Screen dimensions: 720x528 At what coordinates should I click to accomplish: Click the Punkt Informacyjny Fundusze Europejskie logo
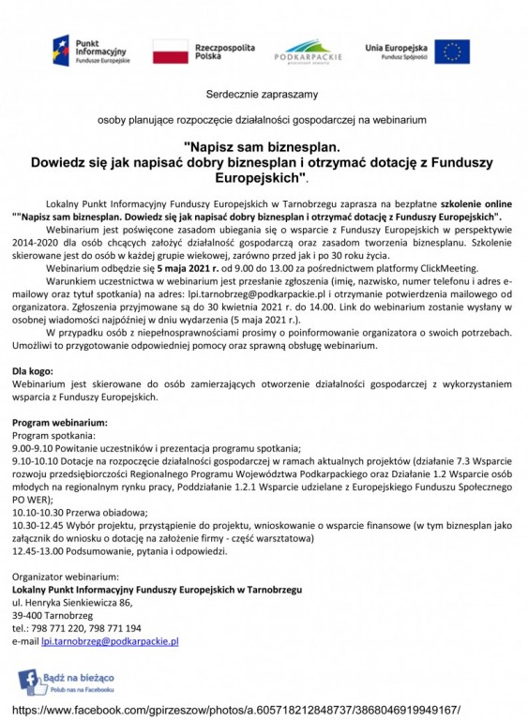(x=90, y=51)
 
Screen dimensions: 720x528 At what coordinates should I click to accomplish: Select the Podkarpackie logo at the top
(x=314, y=51)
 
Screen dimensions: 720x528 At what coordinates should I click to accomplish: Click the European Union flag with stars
(x=452, y=51)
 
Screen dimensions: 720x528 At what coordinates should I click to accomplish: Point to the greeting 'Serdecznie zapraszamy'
(x=263, y=94)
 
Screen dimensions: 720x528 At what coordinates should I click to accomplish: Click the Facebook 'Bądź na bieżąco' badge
(x=67, y=681)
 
